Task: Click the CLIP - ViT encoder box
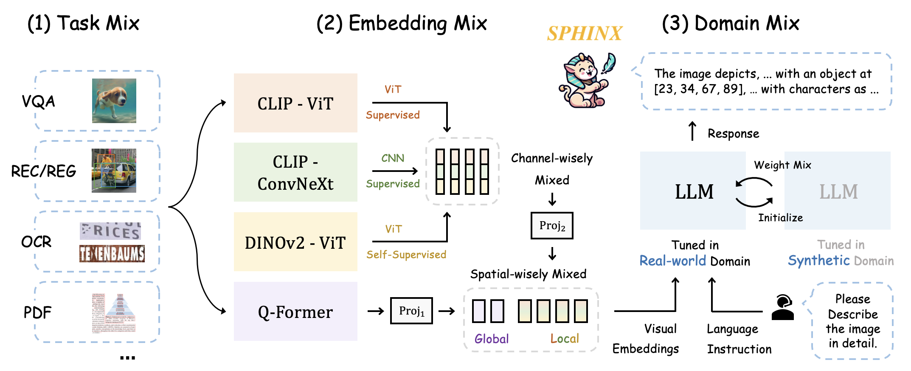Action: pos(295,103)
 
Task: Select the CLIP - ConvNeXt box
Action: pos(295,172)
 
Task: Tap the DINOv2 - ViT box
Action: pos(295,242)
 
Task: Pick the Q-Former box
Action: pos(295,312)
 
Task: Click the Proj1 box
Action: pos(411,311)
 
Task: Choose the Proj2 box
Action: pos(552,225)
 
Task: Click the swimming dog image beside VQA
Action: pos(114,101)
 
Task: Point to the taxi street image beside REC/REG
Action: pos(114,171)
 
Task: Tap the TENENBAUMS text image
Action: pos(112,254)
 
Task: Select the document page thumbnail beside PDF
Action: pos(114,312)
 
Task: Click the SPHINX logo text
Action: pos(585,34)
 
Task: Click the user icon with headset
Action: pos(782,307)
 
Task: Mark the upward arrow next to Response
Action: pos(692,131)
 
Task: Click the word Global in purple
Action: pos(492,339)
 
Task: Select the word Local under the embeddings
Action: pos(565,338)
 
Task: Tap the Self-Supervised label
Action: pos(406,255)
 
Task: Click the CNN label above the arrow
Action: pos(393,158)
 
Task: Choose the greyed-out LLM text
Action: pos(838,192)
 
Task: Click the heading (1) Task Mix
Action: pos(83,23)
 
